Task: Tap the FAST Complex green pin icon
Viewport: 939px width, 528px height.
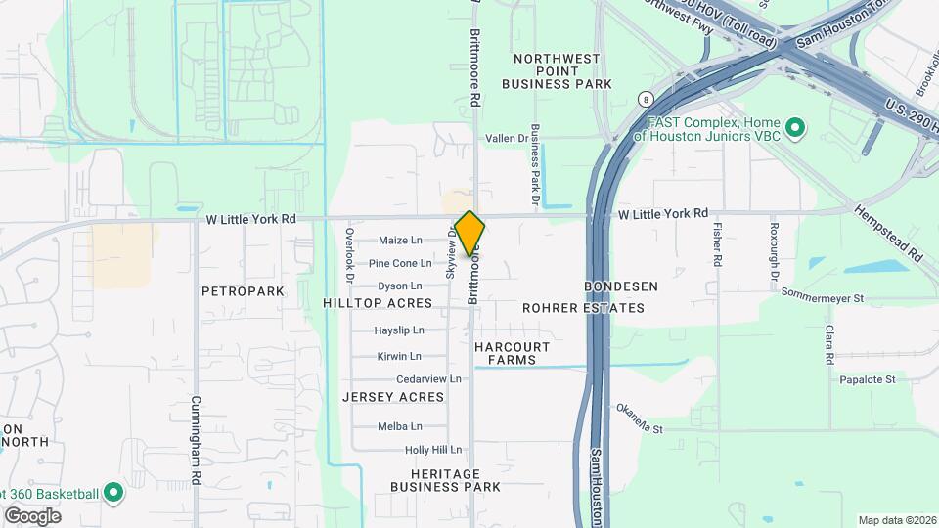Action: pyautogui.click(x=795, y=127)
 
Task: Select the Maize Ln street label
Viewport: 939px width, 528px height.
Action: pyautogui.click(x=401, y=241)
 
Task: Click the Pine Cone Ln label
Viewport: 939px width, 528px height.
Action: pyautogui.click(x=400, y=263)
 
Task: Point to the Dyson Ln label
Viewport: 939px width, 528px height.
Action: pyautogui.click(x=400, y=286)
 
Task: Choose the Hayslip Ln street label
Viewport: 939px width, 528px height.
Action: pyautogui.click(x=399, y=330)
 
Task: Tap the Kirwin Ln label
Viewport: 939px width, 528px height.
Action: pyautogui.click(x=399, y=356)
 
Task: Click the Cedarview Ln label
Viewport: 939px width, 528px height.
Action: pyautogui.click(x=428, y=379)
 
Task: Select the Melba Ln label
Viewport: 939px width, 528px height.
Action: pyautogui.click(x=400, y=426)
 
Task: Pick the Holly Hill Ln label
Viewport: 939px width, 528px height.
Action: pyautogui.click(x=432, y=450)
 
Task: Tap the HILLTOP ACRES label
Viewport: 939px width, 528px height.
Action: pyautogui.click(x=377, y=304)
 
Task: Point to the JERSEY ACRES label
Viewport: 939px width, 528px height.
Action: pyautogui.click(x=393, y=397)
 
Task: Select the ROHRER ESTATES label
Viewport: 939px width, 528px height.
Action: pyautogui.click(x=583, y=308)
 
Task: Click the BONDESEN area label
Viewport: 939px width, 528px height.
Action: pyautogui.click(x=621, y=286)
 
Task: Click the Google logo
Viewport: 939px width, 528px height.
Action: pyautogui.click(x=32, y=515)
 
